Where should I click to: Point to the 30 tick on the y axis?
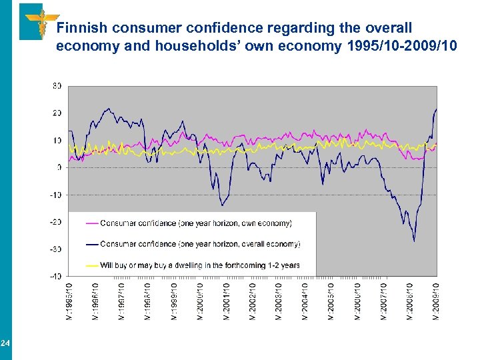coord(57,86)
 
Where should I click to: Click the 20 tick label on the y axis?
coord(57,113)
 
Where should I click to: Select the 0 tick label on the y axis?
coord(59,167)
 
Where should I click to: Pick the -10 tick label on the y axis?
coord(56,195)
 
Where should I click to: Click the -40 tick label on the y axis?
coord(56,276)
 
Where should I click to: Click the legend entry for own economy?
coord(196,223)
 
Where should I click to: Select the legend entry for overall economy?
coord(200,244)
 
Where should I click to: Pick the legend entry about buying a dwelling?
coord(200,265)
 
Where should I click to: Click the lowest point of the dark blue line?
coord(414,241)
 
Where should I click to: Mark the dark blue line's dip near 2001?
coord(223,205)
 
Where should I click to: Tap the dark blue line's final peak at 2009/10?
coord(436,109)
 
